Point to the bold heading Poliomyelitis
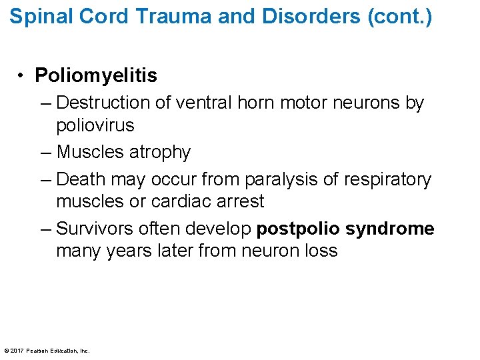96,76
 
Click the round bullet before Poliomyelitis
23,76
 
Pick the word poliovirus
95,125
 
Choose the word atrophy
160,152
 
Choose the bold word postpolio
299,229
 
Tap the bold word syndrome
391,229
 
